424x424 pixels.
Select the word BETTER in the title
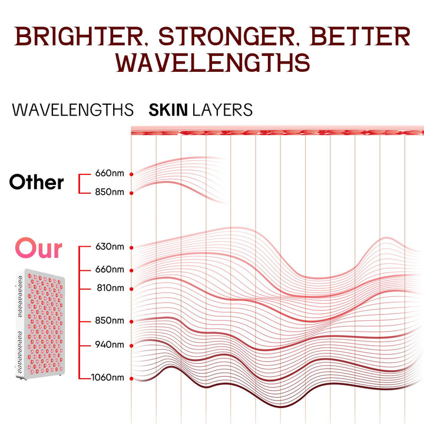tap(360, 37)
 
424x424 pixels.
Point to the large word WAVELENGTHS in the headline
tap(213, 62)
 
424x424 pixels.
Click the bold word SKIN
tap(168, 110)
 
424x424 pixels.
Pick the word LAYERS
tap(222, 110)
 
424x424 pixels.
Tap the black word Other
tap(37, 182)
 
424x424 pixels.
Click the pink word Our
tap(39, 248)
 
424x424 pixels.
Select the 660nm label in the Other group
tap(110, 173)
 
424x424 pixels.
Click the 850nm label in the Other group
tap(110, 192)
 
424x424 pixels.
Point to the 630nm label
tap(110, 247)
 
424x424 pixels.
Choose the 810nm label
tap(110, 288)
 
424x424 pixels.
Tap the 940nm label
tap(110, 344)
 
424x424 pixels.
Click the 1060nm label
tap(108, 377)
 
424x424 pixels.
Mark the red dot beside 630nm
tap(131, 248)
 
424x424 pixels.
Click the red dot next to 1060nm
tap(131, 379)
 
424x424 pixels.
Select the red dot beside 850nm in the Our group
tap(131, 322)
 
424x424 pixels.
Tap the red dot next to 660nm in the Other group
tap(131, 174)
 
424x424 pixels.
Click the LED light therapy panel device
tap(41, 324)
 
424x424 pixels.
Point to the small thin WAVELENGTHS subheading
tap(73, 110)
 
